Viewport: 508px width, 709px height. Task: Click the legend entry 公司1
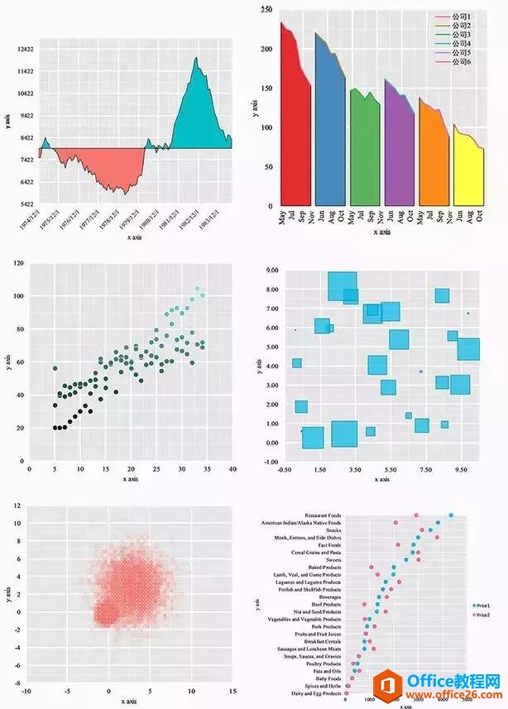(457, 17)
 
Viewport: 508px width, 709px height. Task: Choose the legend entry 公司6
(457, 62)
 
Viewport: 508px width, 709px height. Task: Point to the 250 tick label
(265, 9)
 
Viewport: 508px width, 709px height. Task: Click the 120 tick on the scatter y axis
(18, 263)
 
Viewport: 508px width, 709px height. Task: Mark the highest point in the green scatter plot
(197, 290)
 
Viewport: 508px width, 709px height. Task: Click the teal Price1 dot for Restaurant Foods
(451, 515)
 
